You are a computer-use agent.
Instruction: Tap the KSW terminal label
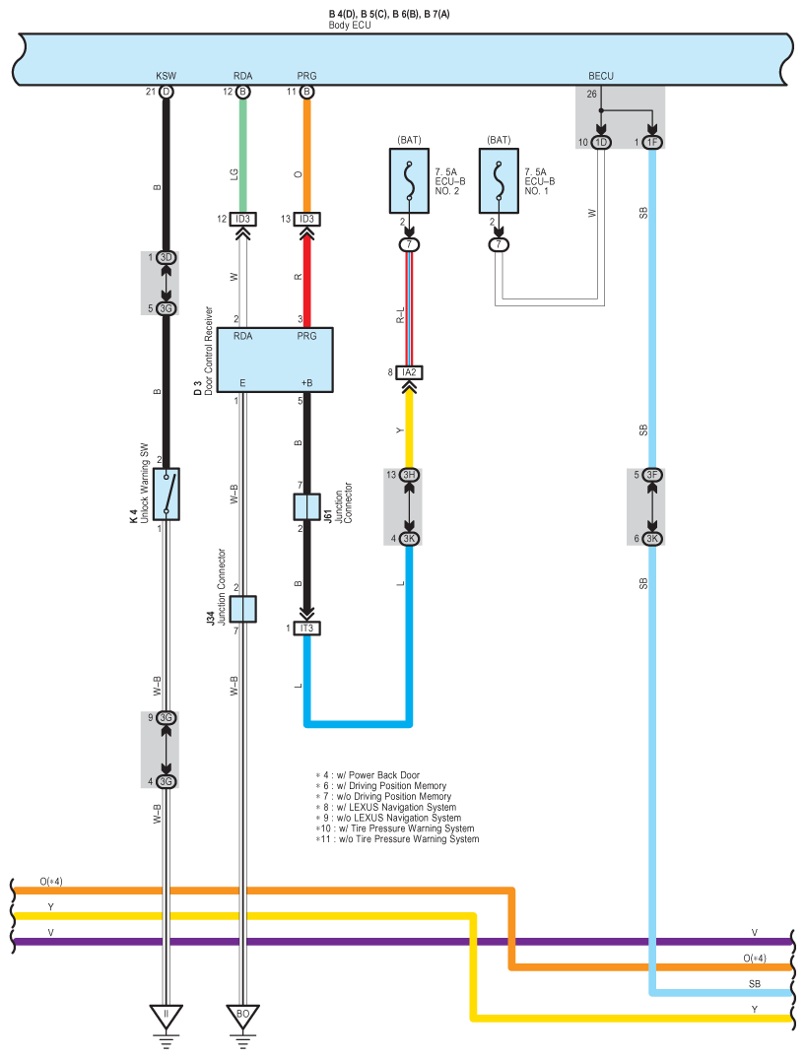coord(166,76)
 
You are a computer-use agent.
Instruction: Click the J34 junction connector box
coord(243,609)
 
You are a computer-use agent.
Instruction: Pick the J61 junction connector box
coord(306,507)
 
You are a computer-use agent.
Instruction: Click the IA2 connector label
coord(409,372)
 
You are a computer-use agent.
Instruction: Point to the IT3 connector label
coord(306,628)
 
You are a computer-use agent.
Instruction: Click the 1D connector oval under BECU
coord(601,143)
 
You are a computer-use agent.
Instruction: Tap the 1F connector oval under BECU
coord(651,143)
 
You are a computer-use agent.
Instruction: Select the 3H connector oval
coord(409,475)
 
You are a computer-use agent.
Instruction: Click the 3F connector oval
coord(651,475)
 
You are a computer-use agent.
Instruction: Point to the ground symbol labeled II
coord(166,1015)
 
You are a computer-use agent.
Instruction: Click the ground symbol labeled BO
coord(243,1015)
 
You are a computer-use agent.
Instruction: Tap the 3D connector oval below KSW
coord(166,258)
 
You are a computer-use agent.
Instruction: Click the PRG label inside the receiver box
coord(306,337)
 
